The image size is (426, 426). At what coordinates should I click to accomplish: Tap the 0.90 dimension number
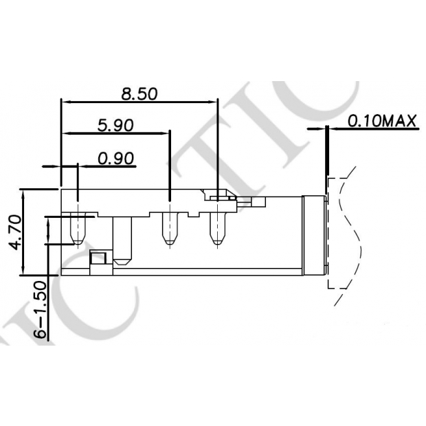(x=115, y=159)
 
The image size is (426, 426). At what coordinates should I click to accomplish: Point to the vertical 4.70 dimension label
(x=14, y=232)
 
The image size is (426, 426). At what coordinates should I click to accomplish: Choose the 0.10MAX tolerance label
(x=382, y=122)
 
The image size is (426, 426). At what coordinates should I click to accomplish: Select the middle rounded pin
(x=169, y=229)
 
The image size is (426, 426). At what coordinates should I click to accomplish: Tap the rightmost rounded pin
(x=217, y=229)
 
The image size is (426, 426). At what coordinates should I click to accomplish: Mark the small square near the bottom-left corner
(x=98, y=258)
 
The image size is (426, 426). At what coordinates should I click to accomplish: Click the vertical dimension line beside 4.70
(x=25, y=231)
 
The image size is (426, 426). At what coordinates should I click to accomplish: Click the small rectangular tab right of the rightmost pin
(x=259, y=202)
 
